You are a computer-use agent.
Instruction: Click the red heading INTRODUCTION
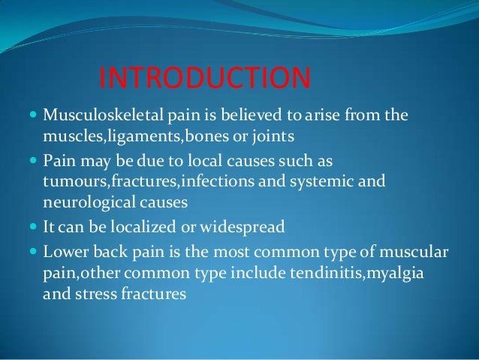click(x=204, y=78)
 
